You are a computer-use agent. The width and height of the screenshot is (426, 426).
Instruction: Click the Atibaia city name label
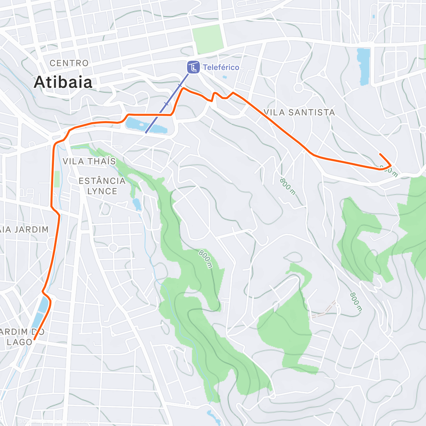tap(63, 82)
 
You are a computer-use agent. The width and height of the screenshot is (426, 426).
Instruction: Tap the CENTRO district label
tap(69, 63)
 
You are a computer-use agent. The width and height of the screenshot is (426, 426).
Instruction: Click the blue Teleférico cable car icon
tap(193, 67)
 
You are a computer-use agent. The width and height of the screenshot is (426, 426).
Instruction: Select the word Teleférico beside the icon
tap(221, 67)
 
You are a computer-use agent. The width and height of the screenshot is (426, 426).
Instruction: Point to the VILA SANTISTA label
tap(299, 113)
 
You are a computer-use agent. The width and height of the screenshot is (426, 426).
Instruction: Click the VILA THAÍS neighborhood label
tap(89, 161)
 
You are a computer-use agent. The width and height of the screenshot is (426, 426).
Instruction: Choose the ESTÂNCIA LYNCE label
tap(102, 186)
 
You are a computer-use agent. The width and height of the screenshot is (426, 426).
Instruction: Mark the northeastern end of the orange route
tap(380, 154)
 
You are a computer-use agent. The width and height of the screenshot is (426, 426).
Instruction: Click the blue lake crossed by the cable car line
tap(146, 126)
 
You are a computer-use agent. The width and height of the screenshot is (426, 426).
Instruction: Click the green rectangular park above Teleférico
tap(208, 38)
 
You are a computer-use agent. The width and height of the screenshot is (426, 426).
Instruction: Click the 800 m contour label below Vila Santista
tap(287, 186)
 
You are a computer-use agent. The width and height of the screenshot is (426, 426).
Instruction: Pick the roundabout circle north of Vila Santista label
tap(298, 87)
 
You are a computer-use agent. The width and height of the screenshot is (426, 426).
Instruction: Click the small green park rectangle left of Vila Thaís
tap(57, 179)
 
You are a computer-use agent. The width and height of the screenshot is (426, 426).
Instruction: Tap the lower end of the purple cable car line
tap(146, 133)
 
